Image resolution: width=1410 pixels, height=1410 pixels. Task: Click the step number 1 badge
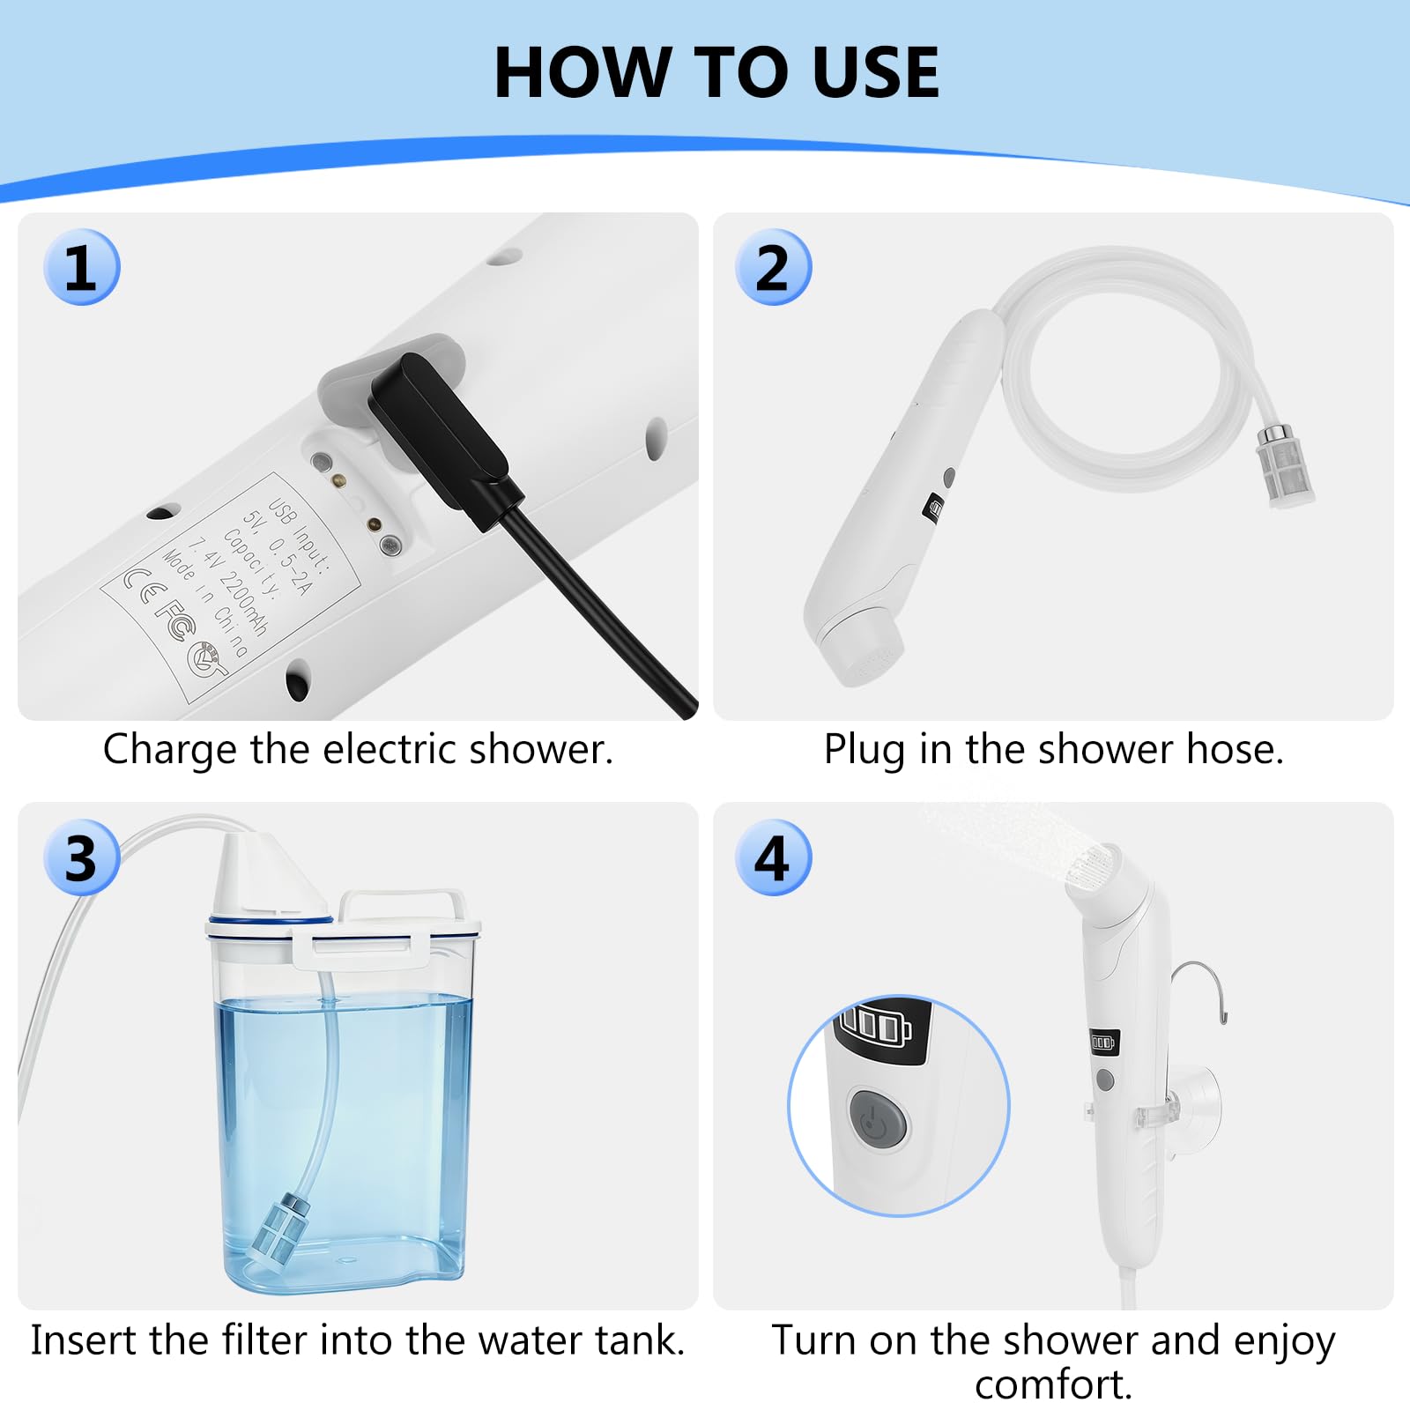(81, 267)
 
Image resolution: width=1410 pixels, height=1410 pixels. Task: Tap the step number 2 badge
(773, 267)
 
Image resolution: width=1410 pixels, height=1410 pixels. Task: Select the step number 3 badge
(81, 857)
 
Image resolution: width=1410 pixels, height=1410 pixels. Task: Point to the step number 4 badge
(773, 857)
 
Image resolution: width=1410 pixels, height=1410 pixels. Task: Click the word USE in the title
(875, 72)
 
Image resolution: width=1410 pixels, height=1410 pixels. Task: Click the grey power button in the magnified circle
(879, 1119)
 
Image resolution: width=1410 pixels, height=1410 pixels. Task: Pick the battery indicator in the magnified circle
(876, 1025)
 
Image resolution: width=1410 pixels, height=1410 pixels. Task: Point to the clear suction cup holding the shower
(1193, 1102)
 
